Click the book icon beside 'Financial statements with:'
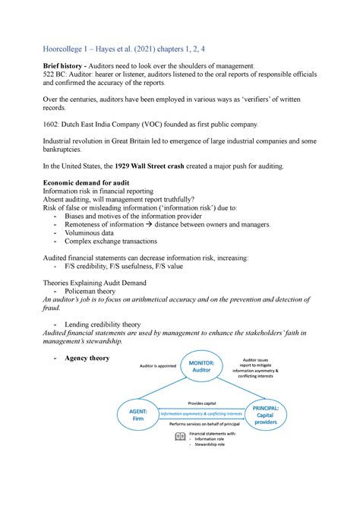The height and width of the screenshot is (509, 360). (x=179, y=436)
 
